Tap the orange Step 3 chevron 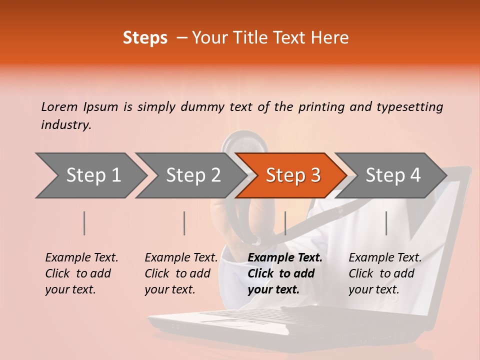click(292, 175)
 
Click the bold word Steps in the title click(145, 38)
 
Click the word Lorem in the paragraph click(59, 106)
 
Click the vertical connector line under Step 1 click(84, 223)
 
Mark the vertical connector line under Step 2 click(184, 223)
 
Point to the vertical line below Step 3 click(285, 223)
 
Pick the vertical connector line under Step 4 click(386, 223)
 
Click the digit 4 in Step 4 click(415, 175)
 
